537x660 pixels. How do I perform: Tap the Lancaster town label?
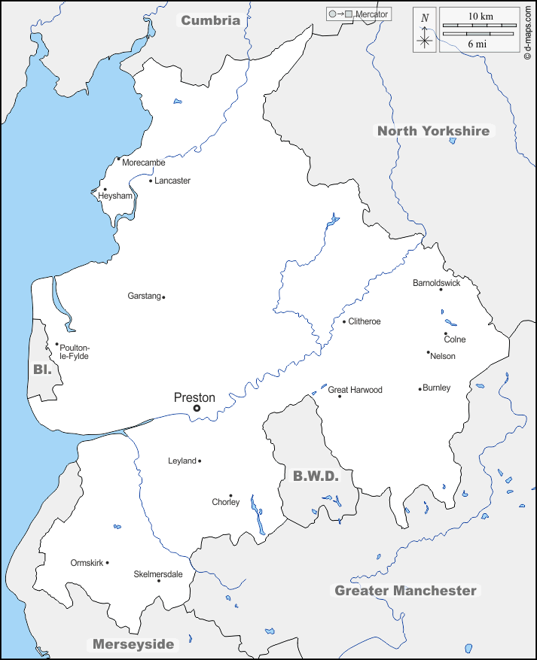point(172,181)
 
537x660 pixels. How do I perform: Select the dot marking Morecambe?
point(118,159)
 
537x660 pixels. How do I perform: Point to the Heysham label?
point(115,196)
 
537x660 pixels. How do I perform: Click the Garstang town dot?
point(163,297)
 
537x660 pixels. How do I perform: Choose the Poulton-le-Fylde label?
point(74,352)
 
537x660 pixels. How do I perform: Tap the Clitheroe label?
point(365,321)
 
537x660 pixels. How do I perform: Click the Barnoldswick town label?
point(436,283)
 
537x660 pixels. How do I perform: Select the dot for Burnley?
point(420,389)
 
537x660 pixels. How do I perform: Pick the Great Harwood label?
point(355,390)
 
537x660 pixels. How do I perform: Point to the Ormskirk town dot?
point(108,562)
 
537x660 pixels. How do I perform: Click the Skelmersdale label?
point(157,573)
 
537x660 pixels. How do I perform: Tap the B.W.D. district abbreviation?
point(316,476)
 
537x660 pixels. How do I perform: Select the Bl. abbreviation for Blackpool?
point(41,370)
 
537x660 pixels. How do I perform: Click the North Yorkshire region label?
point(433,131)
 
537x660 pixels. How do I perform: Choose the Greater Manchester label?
point(405,591)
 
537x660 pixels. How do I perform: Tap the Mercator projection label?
point(371,14)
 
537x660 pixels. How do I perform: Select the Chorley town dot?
point(230,495)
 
